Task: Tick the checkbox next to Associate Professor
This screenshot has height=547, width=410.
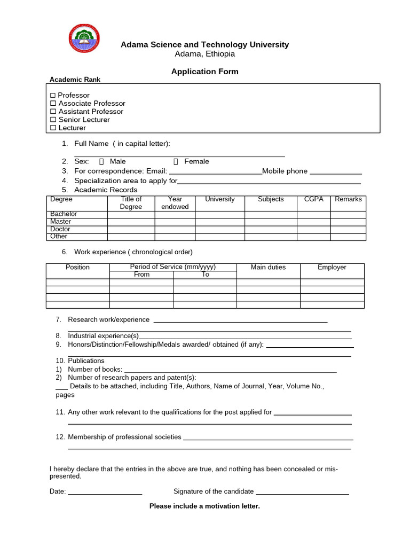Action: click(53, 104)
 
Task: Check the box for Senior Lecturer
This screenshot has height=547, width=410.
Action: click(53, 120)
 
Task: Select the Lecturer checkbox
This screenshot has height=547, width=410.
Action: click(53, 128)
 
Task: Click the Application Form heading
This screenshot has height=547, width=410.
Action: click(204, 72)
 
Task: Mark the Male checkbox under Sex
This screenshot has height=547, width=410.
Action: click(101, 161)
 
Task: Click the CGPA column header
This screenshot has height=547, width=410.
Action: click(313, 199)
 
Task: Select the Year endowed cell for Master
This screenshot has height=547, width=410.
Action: click(175, 222)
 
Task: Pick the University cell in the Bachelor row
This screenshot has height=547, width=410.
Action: click(219, 214)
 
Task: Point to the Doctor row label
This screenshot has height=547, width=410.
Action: click(60, 229)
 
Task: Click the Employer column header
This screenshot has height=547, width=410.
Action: click(332, 267)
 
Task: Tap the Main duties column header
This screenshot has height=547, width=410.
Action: click(268, 267)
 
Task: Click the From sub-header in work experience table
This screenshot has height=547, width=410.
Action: click(141, 275)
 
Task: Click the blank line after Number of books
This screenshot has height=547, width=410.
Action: click(230, 370)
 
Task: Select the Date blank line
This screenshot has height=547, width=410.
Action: click(105, 493)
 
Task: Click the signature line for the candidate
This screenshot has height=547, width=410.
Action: click(302, 493)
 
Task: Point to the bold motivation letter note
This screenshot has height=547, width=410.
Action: click(204, 506)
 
